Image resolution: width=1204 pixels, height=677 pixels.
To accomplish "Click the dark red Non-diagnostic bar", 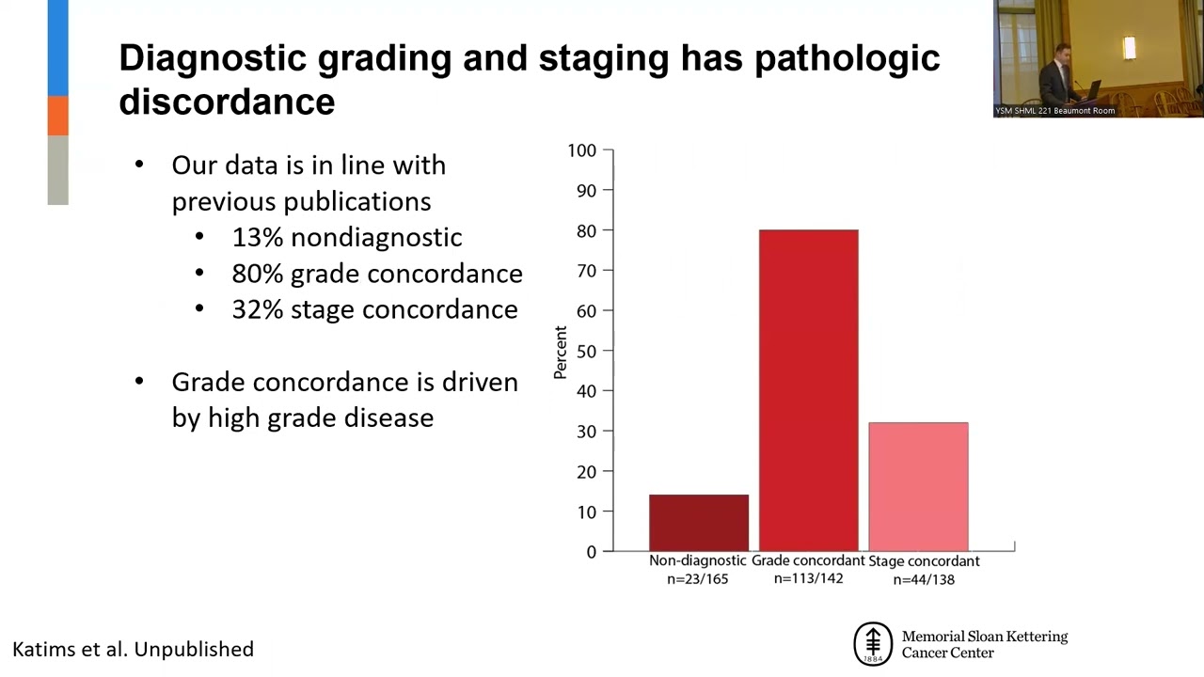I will point(699,523).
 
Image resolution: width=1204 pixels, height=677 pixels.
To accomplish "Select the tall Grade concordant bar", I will point(808,390).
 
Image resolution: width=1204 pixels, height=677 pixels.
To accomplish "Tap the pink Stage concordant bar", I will point(918,486).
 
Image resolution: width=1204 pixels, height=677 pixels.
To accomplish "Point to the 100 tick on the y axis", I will point(582,150).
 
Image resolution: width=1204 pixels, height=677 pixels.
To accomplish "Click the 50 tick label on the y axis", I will point(587,351).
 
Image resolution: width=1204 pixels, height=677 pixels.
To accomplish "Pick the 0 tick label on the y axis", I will point(592,552).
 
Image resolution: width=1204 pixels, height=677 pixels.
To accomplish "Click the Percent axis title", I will point(561,353).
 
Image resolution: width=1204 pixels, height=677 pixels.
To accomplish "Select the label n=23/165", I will point(697,579).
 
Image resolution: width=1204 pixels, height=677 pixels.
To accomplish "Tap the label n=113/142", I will point(808,578).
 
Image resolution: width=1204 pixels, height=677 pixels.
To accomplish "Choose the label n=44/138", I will point(924,579).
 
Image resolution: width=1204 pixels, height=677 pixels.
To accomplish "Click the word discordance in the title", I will point(227,102).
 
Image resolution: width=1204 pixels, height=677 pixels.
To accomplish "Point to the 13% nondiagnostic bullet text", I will point(346,238).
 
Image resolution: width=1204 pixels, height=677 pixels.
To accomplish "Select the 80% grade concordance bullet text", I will point(376,274).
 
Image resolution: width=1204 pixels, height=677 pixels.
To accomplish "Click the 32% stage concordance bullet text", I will point(374,309).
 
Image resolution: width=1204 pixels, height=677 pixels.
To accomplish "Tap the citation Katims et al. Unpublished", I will point(133,649).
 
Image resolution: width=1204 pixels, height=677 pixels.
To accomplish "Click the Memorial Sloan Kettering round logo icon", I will point(872,644).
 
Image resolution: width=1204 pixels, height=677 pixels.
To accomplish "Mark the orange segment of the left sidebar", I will point(58,115).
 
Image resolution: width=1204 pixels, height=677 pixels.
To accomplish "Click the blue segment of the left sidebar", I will point(58,47).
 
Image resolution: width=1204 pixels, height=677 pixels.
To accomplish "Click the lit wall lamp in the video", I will point(1129,47).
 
